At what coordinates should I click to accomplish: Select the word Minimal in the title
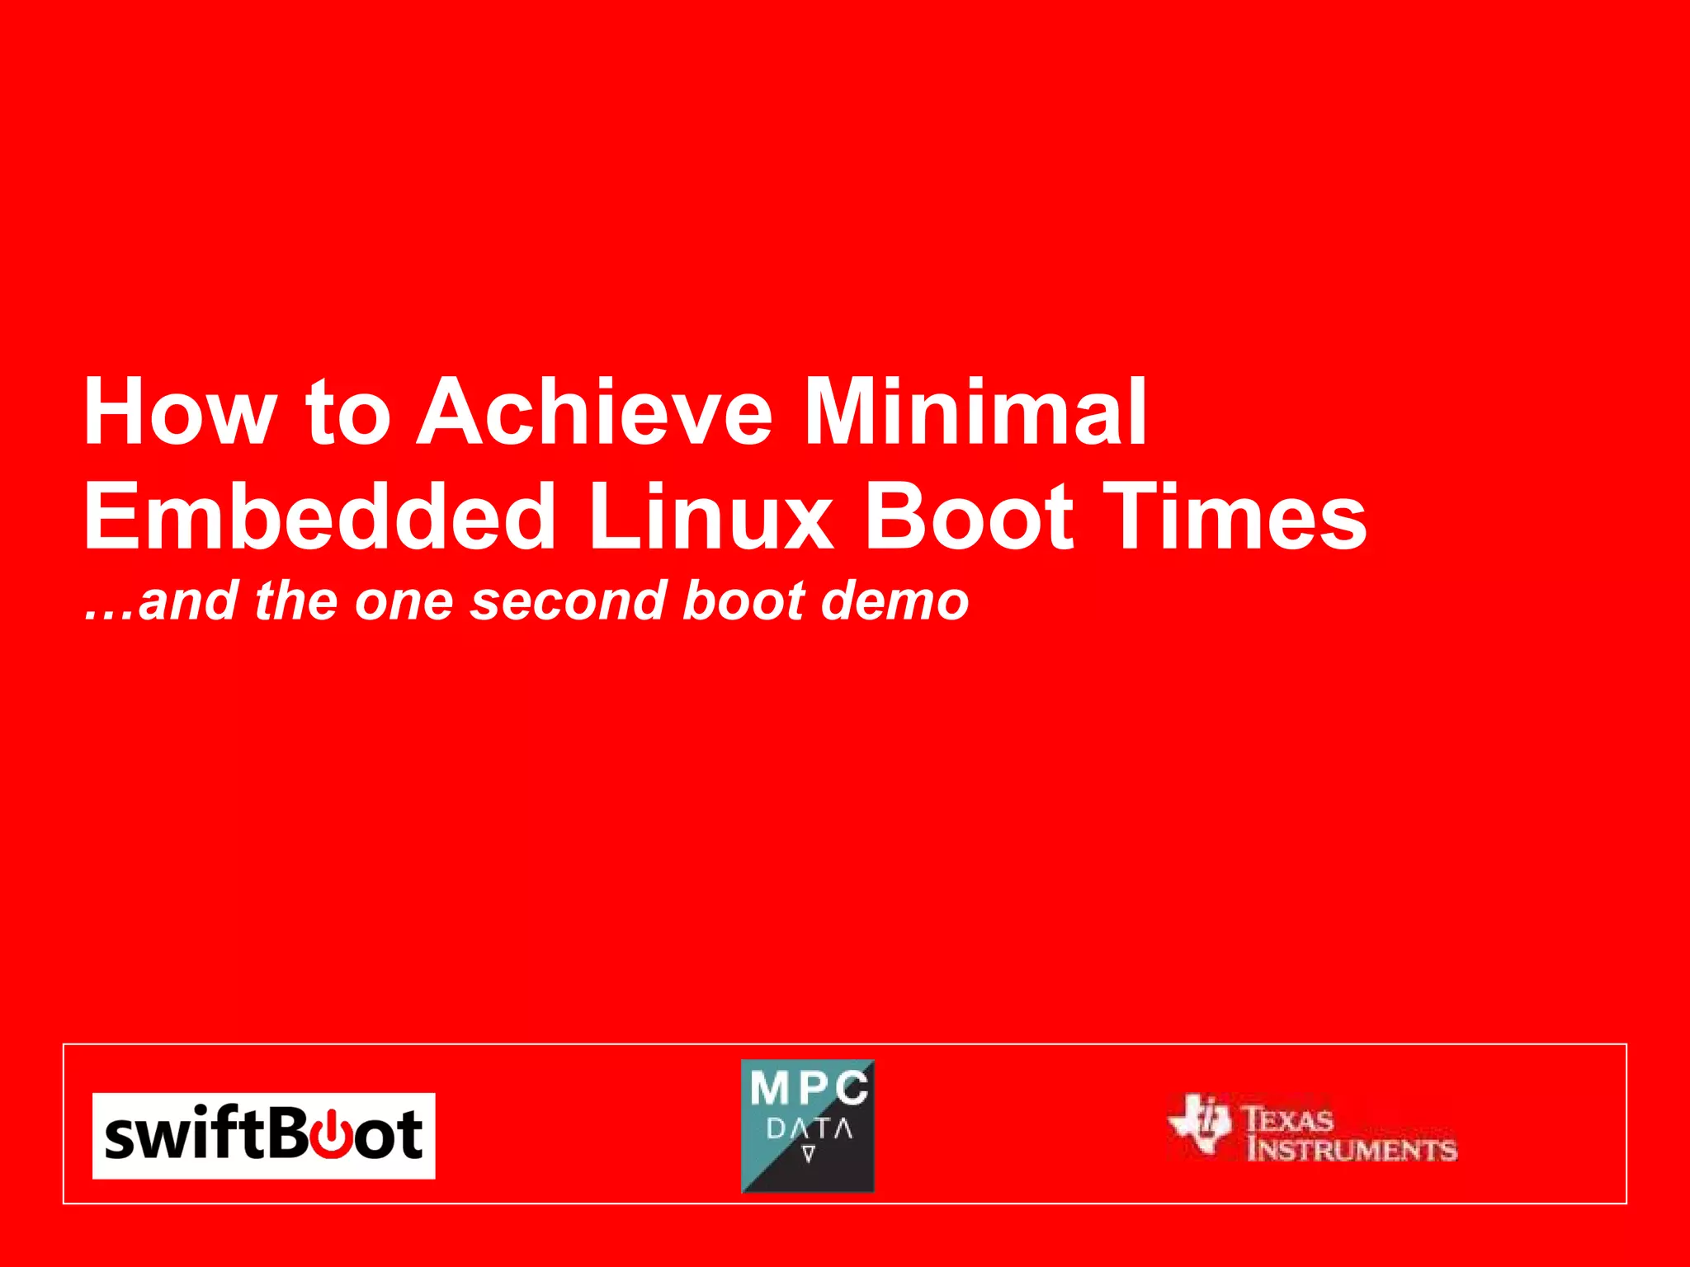(x=975, y=412)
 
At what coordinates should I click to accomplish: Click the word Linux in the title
(x=710, y=517)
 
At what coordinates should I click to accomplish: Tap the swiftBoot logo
(x=263, y=1136)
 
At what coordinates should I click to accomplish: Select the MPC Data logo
(x=807, y=1126)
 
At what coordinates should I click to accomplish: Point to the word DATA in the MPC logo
(x=808, y=1128)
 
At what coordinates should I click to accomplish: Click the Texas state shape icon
(x=1201, y=1123)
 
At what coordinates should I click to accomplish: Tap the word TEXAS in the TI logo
(x=1288, y=1119)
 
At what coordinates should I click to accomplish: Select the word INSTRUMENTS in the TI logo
(x=1352, y=1149)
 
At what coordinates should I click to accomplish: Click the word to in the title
(x=347, y=412)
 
